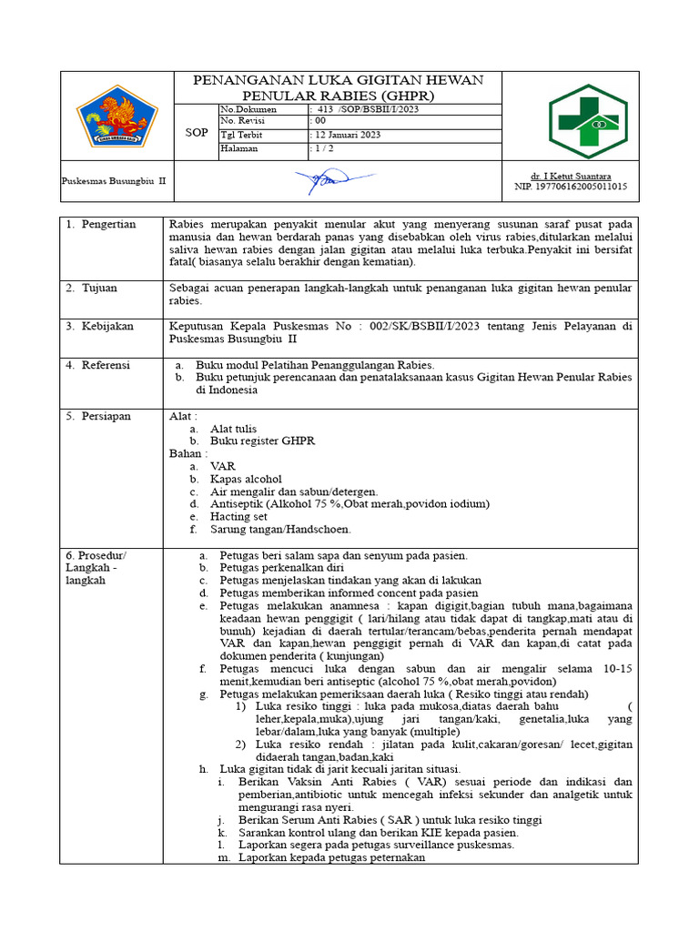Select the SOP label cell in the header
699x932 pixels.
(x=197, y=132)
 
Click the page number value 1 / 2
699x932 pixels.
(x=323, y=148)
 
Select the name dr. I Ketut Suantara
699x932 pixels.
(x=571, y=175)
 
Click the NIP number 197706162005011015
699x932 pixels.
(x=571, y=187)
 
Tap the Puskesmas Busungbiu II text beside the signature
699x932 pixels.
(x=114, y=180)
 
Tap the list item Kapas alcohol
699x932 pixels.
(x=246, y=479)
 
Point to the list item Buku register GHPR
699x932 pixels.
(x=262, y=441)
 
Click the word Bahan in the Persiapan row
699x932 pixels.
(x=187, y=453)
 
